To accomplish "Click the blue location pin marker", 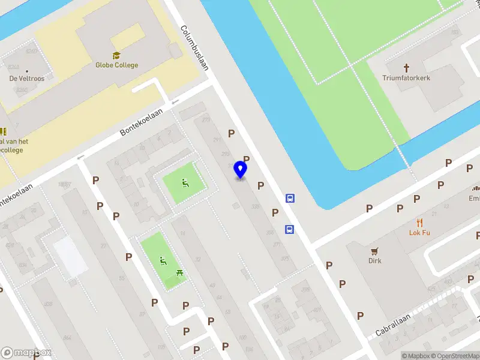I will pos(241,169).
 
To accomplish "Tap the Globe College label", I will pos(116,65).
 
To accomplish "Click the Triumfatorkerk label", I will pos(406,78).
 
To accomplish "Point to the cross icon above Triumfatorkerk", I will pos(406,68).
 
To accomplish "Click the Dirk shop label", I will pos(375,261).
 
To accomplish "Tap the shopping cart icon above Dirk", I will pos(375,251).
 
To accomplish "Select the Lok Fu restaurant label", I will pos(419,233).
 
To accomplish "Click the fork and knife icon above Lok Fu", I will pos(419,222).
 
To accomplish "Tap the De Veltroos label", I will pos(26,79).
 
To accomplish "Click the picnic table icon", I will pos(180,274).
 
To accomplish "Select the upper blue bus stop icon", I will pos(290,198).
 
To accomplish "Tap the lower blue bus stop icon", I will pos(290,229).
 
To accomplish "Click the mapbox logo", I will pos(26,353).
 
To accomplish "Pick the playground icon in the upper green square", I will pos(185,182).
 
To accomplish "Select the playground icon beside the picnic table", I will pos(163,261).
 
